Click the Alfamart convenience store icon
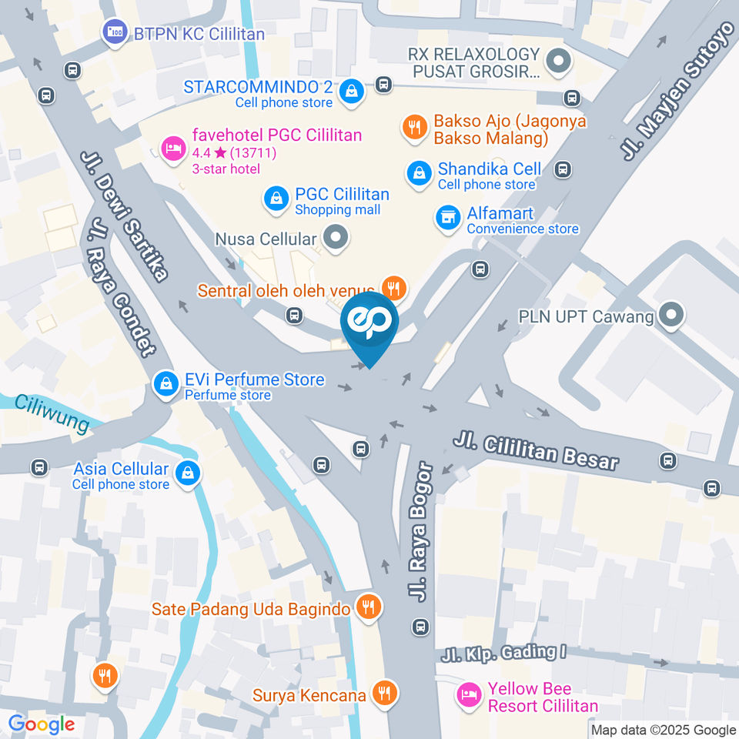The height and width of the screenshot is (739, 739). click(446, 218)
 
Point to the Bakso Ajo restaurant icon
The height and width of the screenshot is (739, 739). click(414, 127)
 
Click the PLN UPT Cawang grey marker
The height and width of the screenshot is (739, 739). click(672, 315)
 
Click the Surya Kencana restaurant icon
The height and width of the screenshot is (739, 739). click(383, 694)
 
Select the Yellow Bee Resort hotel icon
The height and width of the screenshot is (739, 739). click(468, 695)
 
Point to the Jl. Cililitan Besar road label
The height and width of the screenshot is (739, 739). click(536, 450)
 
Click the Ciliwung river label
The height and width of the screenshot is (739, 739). click(52, 413)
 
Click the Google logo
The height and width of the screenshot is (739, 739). click(42, 724)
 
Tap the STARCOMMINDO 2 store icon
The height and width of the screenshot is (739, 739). click(352, 91)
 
